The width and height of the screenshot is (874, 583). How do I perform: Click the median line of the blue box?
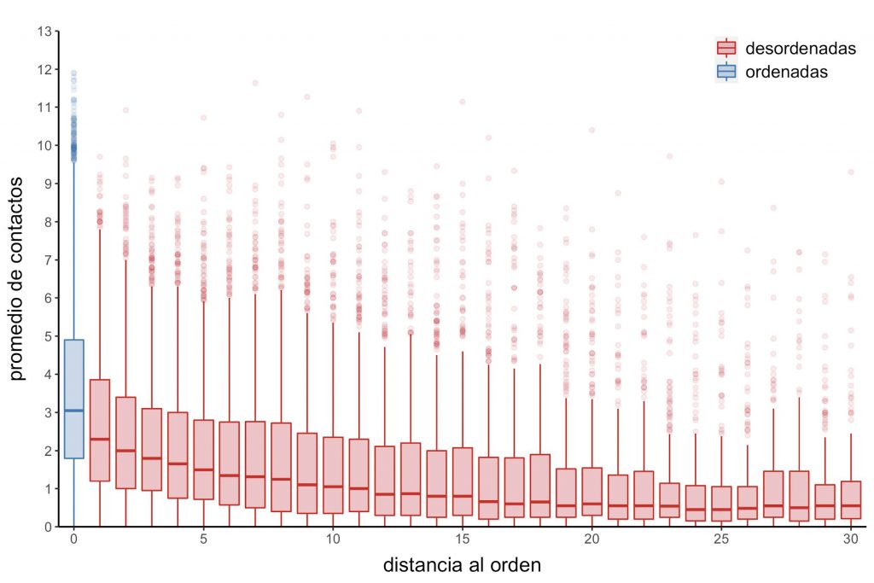pyautogui.click(x=74, y=411)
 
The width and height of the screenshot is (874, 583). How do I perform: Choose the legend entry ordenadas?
pyautogui.click(x=786, y=72)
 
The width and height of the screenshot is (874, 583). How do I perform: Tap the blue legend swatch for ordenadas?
pyautogui.click(x=726, y=72)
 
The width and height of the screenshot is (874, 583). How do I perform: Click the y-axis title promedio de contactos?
pyautogui.click(x=19, y=278)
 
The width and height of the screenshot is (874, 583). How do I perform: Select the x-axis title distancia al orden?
pyautogui.click(x=462, y=565)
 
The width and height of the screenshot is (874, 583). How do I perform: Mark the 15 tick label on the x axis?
pyautogui.click(x=462, y=540)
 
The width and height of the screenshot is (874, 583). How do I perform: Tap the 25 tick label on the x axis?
pyautogui.click(x=721, y=540)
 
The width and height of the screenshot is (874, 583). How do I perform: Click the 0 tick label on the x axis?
pyautogui.click(x=74, y=540)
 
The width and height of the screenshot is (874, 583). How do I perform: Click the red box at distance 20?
pyautogui.click(x=591, y=493)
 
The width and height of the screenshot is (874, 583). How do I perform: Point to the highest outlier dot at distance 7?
pyautogui.click(x=255, y=83)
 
